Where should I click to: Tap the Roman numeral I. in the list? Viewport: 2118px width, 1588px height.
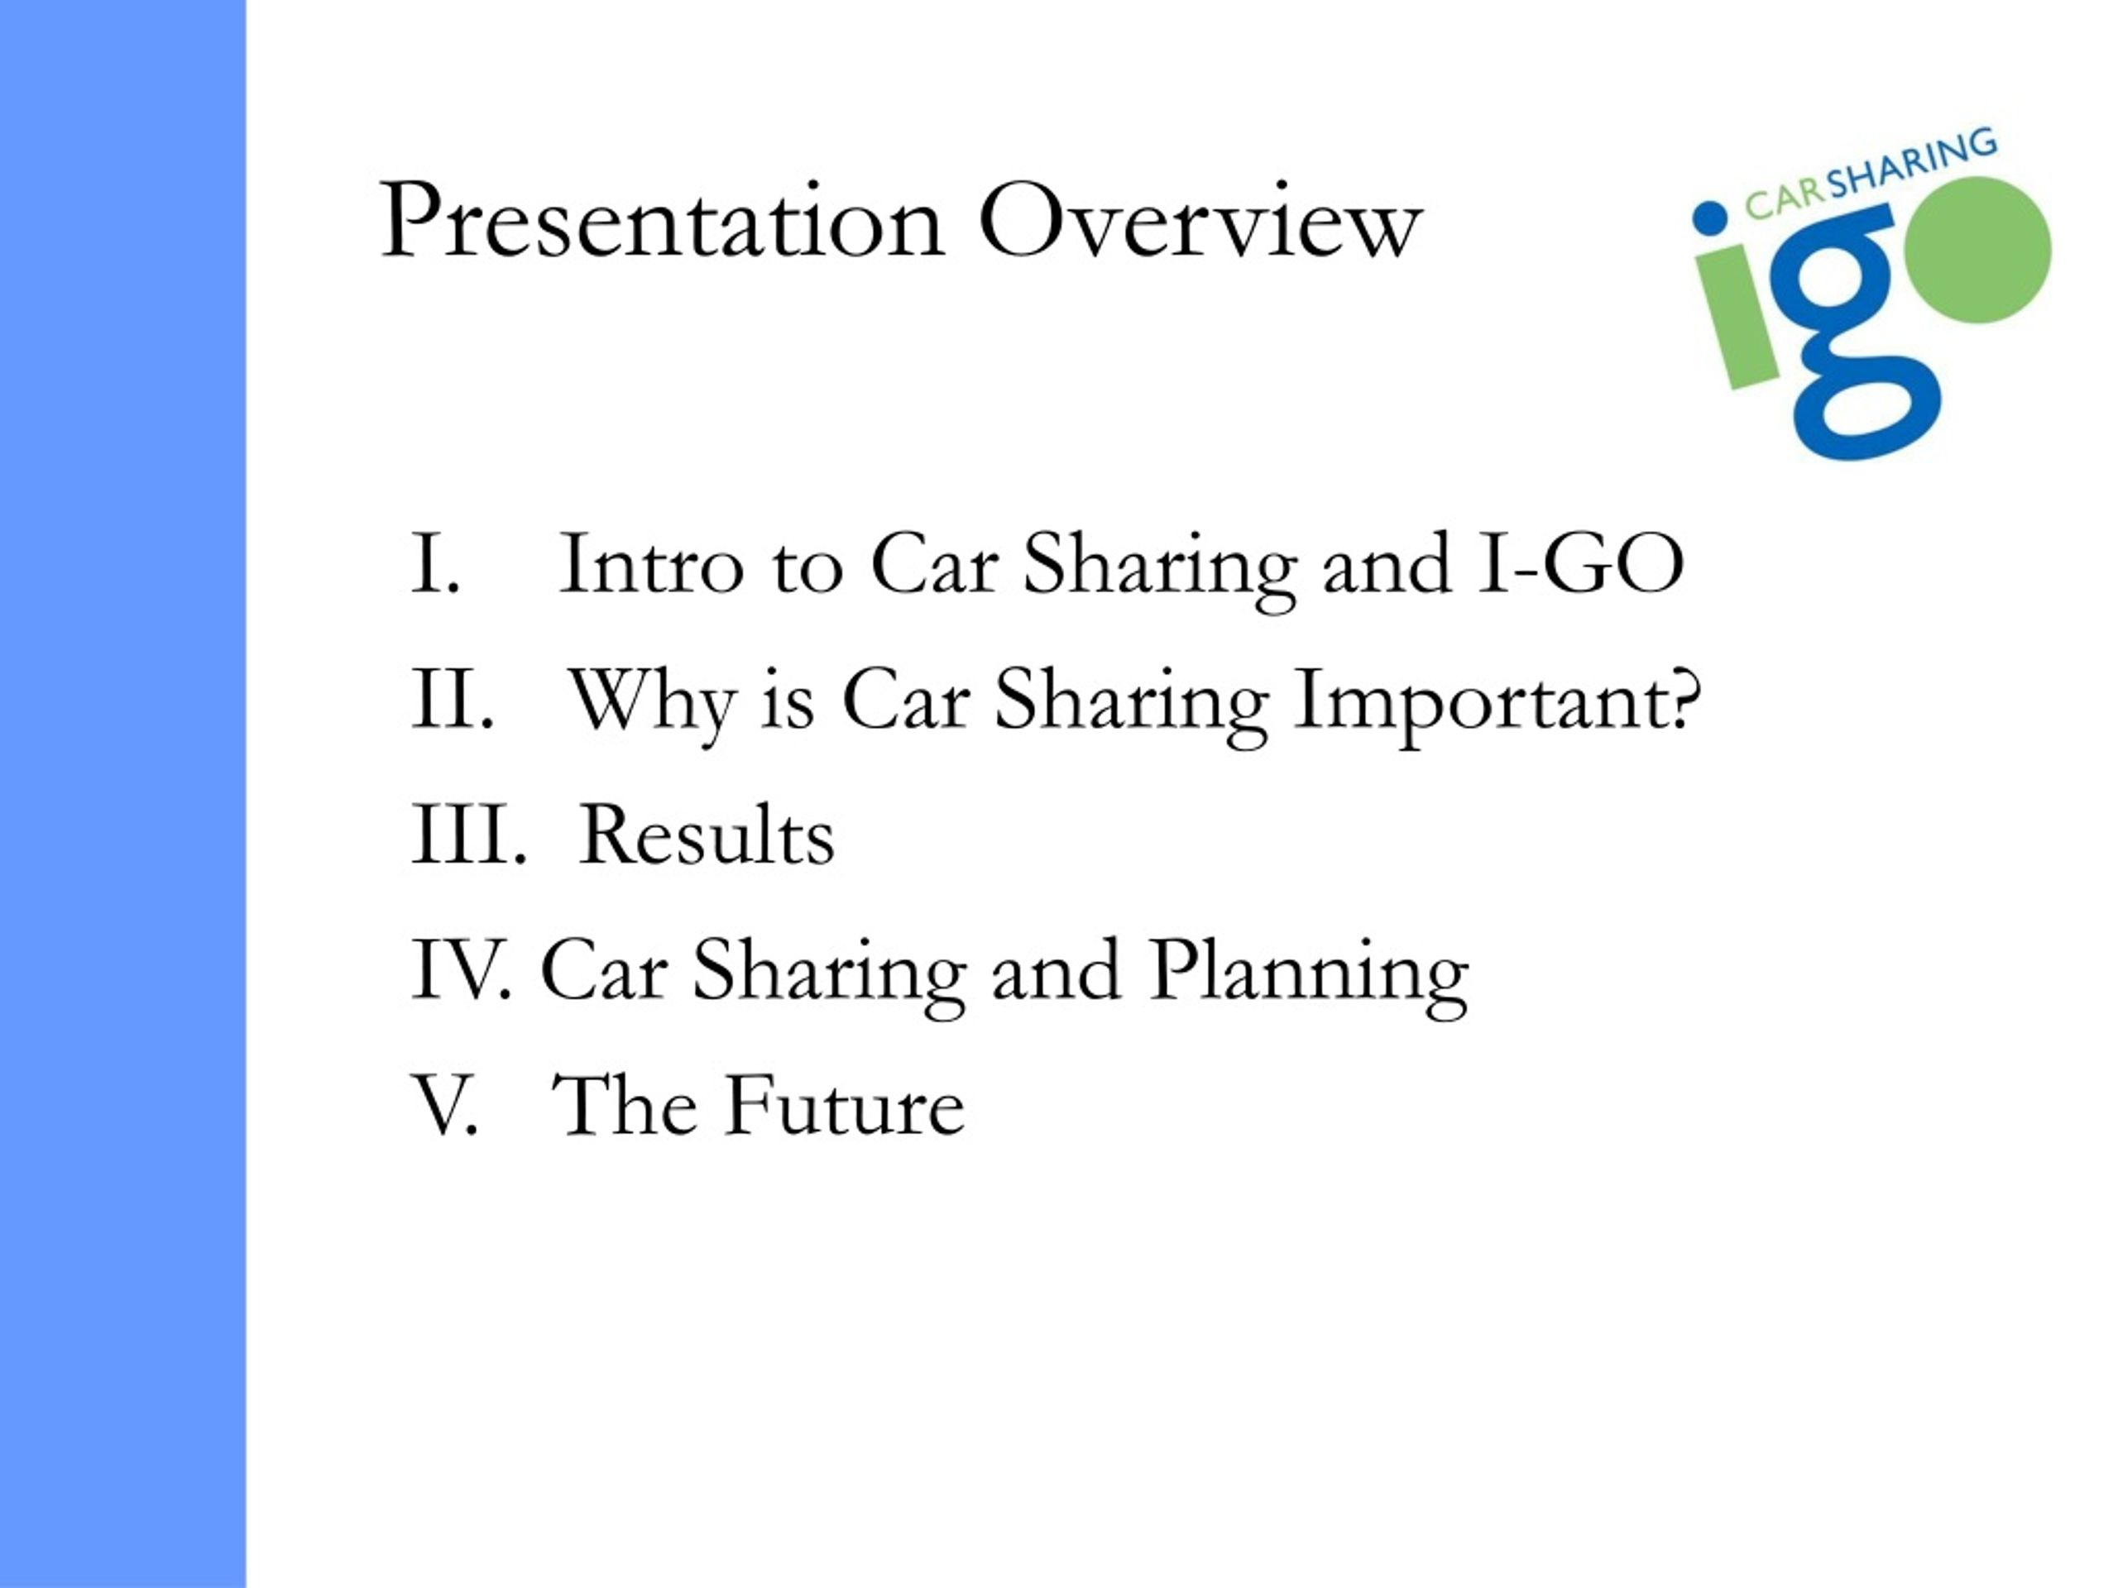click(x=437, y=565)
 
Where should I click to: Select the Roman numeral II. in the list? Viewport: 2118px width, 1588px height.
click(x=453, y=700)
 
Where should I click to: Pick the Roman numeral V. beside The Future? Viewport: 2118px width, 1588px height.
click(x=444, y=1106)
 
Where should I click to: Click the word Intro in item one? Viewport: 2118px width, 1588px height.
click(x=651, y=565)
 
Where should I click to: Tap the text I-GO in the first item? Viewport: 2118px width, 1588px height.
click(x=1581, y=565)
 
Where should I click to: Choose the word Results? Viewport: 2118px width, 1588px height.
click(x=707, y=835)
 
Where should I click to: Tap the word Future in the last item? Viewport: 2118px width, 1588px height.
click(x=845, y=1106)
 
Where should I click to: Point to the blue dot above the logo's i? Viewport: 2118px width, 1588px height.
click(x=1709, y=217)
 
